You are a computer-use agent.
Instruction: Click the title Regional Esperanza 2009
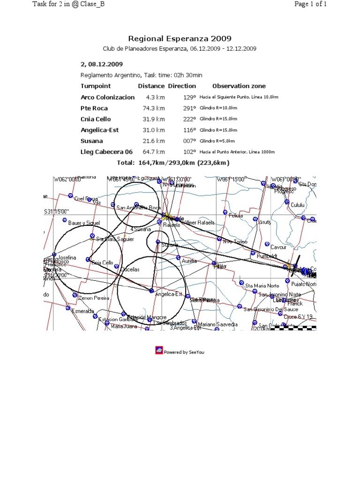(x=180, y=39)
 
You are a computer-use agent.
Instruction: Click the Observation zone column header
(x=239, y=86)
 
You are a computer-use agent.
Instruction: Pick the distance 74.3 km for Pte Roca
(x=154, y=108)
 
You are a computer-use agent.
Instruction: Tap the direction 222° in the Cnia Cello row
(x=189, y=119)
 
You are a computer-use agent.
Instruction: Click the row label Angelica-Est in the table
(x=99, y=130)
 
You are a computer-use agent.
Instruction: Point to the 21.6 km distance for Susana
(x=154, y=141)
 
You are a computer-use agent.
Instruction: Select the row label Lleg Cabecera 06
(x=106, y=152)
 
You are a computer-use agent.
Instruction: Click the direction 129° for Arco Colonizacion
(x=189, y=97)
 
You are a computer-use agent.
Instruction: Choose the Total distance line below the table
(x=173, y=163)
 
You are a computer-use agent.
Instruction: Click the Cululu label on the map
(x=298, y=205)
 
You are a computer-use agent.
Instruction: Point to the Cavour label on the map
(x=278, y=247)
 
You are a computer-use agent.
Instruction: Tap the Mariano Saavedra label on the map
(x=218, y=324)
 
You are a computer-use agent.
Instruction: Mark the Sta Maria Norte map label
(x=262, y=285)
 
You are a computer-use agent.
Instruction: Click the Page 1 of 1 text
(x=310, y=4)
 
